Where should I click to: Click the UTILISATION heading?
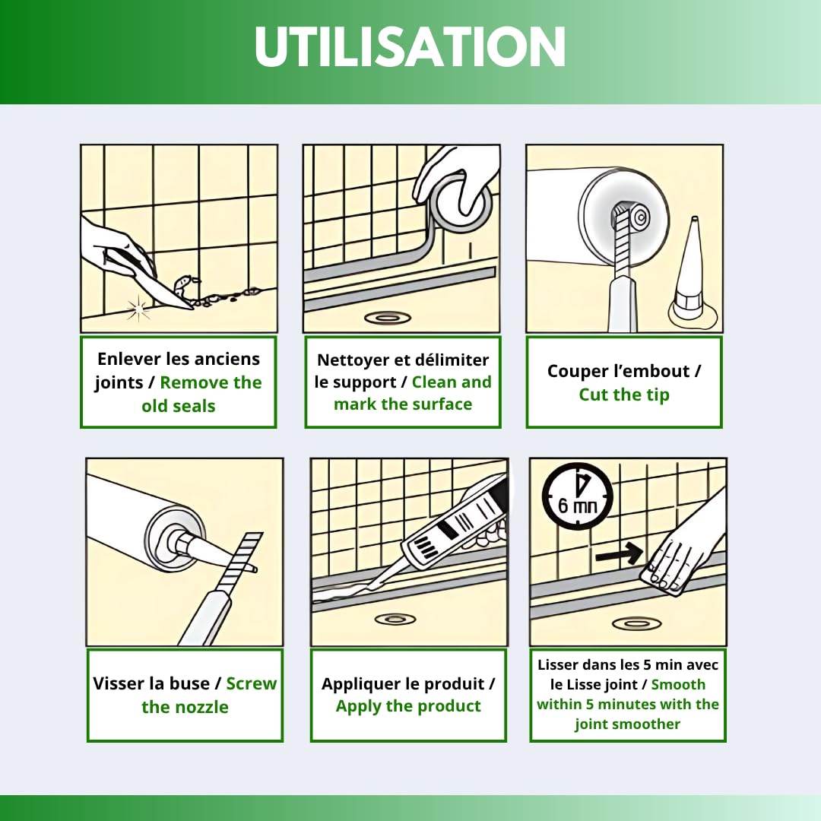[x=410, y=46]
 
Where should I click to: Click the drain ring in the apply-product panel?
[x=395, y=620]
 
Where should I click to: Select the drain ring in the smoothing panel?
[x=636, y=623]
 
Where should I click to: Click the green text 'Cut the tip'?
[x=624, y=395]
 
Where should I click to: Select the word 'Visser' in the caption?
[x=119, y=683]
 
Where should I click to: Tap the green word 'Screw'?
[x=252, y=683]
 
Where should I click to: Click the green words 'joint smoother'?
[x=627, y=724]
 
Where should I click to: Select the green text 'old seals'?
[x=178, y=406]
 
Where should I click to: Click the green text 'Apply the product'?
[x=408, y=706]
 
